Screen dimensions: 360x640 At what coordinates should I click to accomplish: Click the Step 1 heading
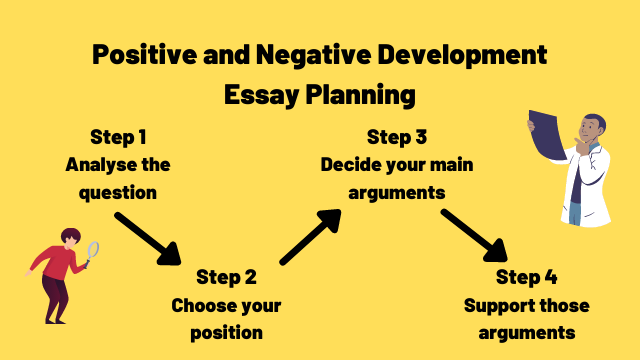click(118, 137)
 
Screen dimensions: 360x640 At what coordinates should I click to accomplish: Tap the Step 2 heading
click(226, 277)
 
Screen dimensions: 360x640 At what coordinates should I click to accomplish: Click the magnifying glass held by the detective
click(93, 250)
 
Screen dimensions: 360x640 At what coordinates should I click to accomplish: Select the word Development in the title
click(469, 54)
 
